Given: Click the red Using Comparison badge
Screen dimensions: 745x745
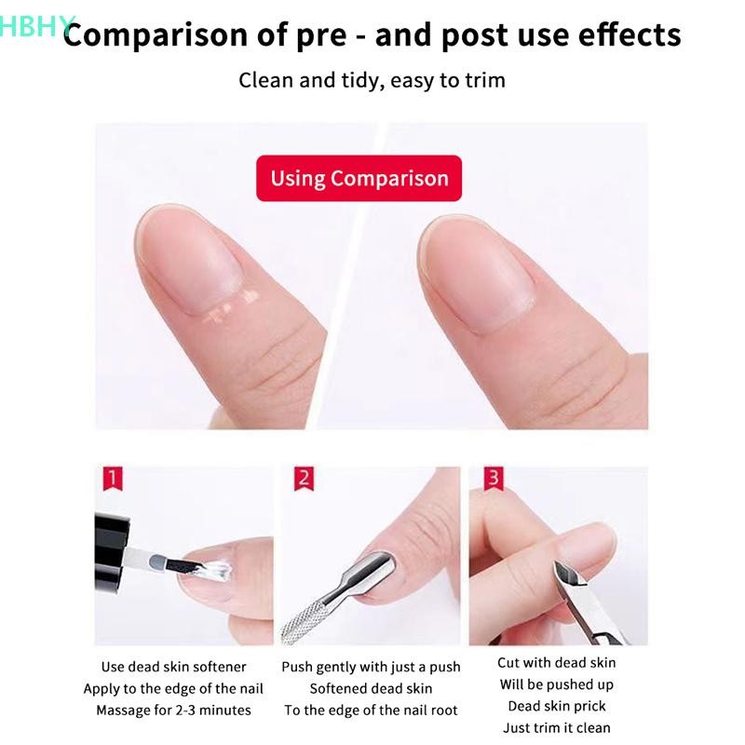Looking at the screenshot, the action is point(359,178).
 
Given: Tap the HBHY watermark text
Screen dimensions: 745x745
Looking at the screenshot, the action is point(37,26).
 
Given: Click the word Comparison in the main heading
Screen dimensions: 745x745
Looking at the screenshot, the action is point(156,35).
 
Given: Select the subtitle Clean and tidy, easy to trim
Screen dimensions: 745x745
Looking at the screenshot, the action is point(372,80).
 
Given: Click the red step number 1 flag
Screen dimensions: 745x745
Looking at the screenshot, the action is point(113,478).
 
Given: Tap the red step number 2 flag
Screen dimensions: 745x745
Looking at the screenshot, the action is point(305,478).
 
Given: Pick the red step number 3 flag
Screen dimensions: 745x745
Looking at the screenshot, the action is point(494,478).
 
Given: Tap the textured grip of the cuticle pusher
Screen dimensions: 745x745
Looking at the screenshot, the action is point(305,619).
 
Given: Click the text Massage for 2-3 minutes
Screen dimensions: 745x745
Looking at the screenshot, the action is point(173,710).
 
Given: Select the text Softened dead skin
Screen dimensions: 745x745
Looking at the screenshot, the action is point(371,688).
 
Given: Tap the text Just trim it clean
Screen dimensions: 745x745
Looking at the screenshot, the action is point(557,727).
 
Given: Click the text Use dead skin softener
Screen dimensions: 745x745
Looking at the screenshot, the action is point(173,667).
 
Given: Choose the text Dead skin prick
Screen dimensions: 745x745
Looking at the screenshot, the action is point(557,706).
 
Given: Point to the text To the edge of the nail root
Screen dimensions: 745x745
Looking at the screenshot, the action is point(371,710).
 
